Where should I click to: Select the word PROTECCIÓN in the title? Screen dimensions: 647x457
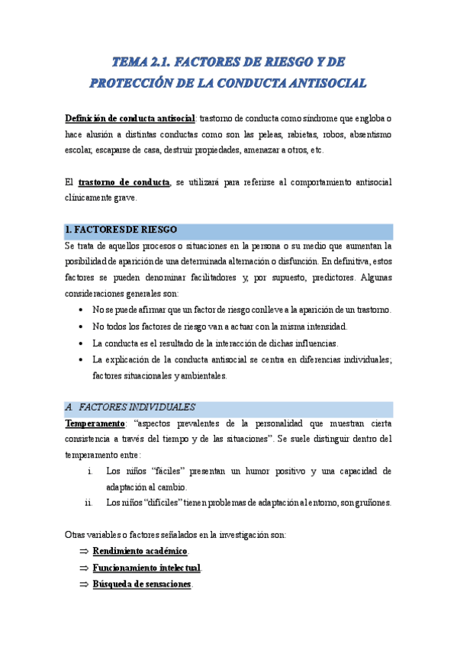(134, 82)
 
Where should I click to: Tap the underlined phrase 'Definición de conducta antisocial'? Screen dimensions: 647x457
(130, 119)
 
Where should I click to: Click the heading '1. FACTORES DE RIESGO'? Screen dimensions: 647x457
(121, 230)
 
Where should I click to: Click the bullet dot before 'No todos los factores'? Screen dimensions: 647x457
(81, 327)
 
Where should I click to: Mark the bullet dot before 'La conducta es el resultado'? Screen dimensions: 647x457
(81, 343)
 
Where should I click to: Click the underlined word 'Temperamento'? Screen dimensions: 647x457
(95, 423)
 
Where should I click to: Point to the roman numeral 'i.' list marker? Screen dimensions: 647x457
(91, 472)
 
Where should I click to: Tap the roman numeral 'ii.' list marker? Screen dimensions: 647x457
(89, 503)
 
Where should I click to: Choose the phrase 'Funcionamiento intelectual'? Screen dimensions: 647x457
(146, 568)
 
